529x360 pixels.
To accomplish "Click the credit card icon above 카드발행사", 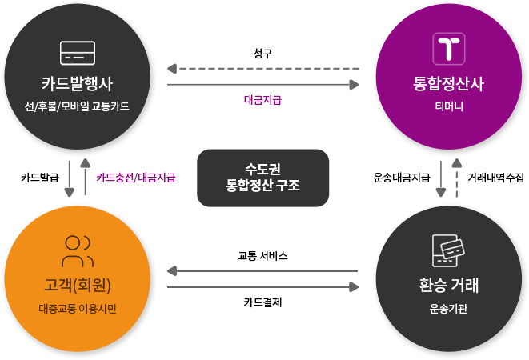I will [x=78, y=53].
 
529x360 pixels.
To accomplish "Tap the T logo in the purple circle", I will [x=450, y=49].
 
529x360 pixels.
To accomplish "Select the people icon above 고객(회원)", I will [x=78, y=251].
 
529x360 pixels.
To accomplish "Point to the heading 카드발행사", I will [x=78, y=83].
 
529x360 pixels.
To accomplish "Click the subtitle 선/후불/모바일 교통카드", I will [x=78, y=106].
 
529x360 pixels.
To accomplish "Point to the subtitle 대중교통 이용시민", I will [x=78, y=308].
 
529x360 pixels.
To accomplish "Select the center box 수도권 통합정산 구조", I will [x=263, y=178].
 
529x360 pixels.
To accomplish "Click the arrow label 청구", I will [x=262, y=54].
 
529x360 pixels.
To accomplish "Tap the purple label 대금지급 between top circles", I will [x=262, y=100].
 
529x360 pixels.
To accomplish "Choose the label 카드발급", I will [x=38, y=177].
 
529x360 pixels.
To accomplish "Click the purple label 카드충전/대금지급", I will [x=135, y=177].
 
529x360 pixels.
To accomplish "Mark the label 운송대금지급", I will [x=403, y=177].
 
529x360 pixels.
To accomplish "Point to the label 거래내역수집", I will [x=495, y=177].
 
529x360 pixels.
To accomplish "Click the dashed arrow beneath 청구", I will [x=262, y=69].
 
